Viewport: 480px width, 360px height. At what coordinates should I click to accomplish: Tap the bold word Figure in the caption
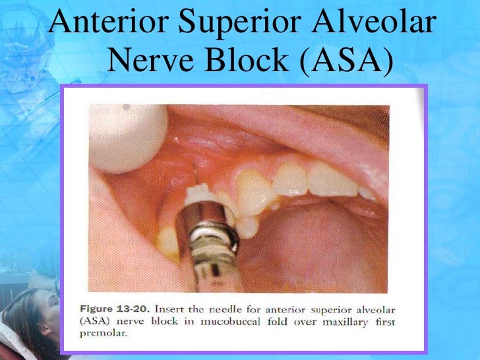coord(100,311)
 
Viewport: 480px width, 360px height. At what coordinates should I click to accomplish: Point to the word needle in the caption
coord(236,311)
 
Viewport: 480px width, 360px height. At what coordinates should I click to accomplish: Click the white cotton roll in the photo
coord(133,135)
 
